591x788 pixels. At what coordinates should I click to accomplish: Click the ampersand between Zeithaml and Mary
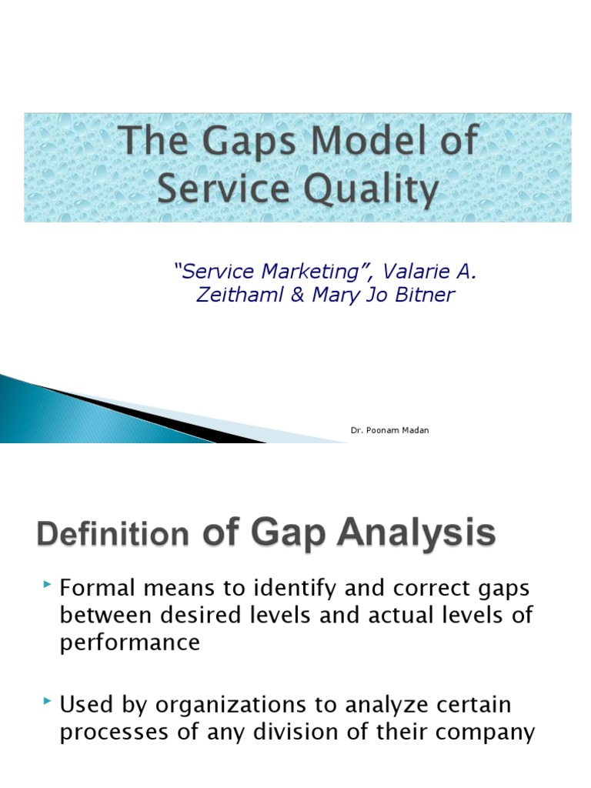pos(297,295)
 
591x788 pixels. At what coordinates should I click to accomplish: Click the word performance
pos(129,643)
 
